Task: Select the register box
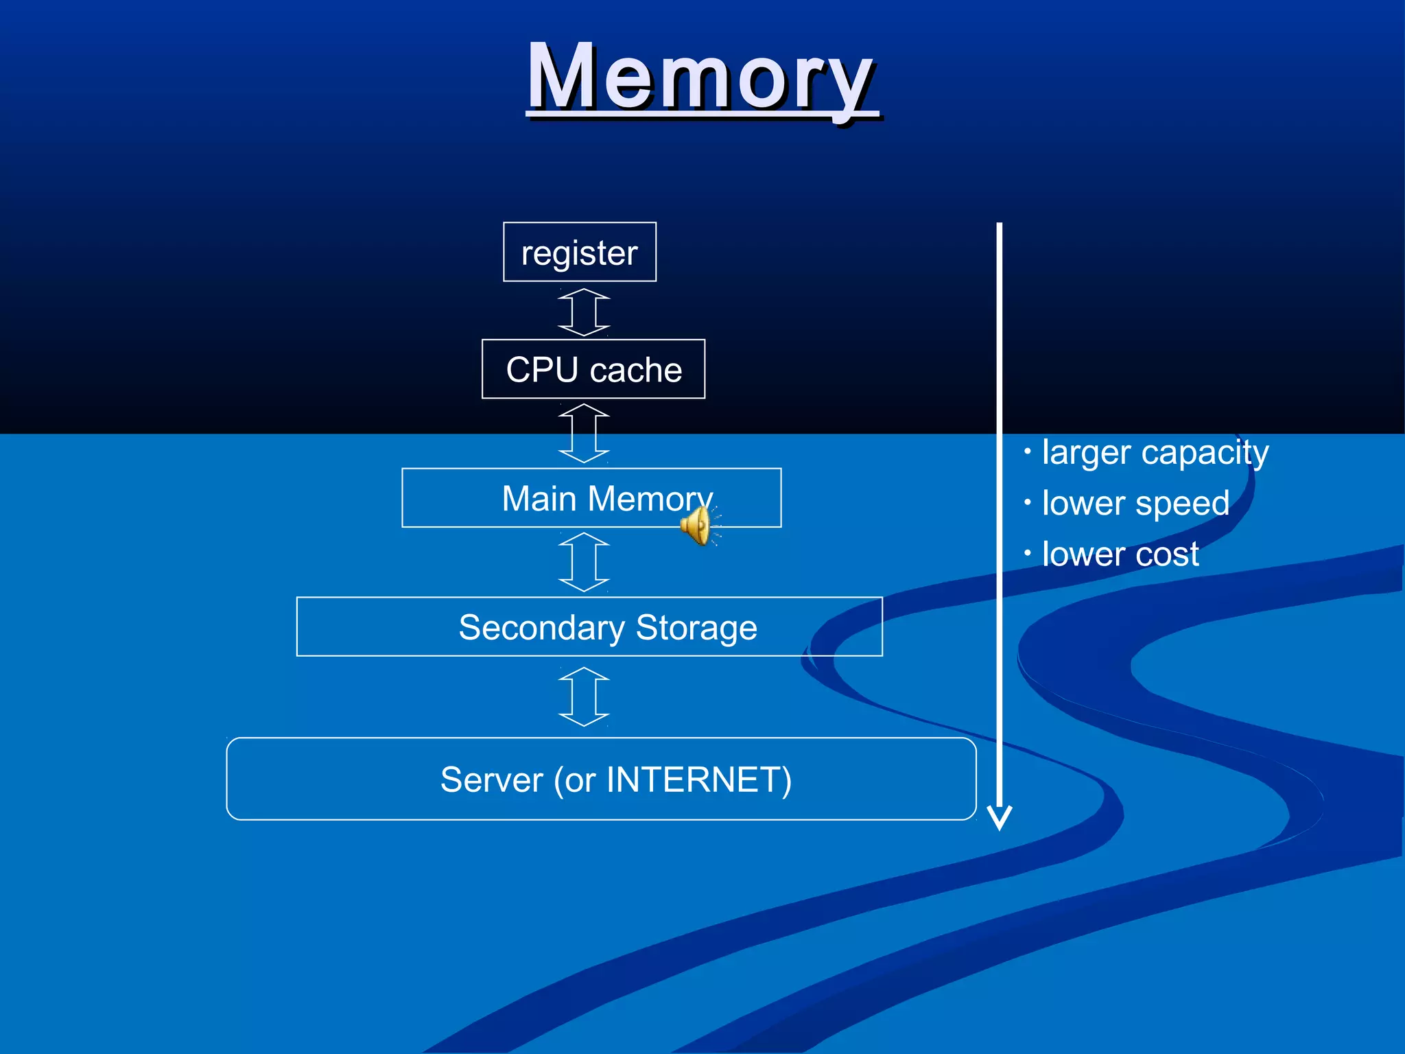pyautogui.click(x=580, y=252)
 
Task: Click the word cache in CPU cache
pyautogui.click(x=636, y=371)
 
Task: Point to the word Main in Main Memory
pyautogui.click(x=539, y=498)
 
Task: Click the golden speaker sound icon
pyautogui.click(x=697, y=526)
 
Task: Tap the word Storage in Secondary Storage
pyautogui.click(x=696, y=627)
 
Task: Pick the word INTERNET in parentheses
pyautogui.click(x=694, y=780)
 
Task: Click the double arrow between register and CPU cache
pyautogui.click(x=584, y=312)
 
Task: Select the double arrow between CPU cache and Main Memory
pyautogui.click(x=584, y=433)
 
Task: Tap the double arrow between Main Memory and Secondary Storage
pyautogui.click(x=584, y=562)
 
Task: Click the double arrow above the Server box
pyautogui.click(x=584, y=696)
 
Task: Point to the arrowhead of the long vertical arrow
pyautogui.click(x=1000, y=818)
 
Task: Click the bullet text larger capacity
pyautogui.click(x=1155, y=452)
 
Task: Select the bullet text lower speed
pyautogui.click(x=1135, y=503)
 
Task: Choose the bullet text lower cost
pyautogui.click(x=1120, y=554)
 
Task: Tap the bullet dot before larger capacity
pyautogui.click(x=1027, y=452)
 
